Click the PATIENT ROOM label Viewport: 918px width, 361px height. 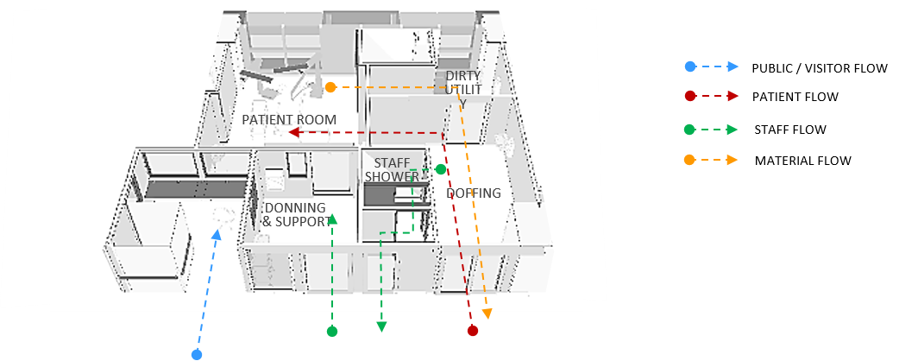pyautogui.click(x=289, y=119)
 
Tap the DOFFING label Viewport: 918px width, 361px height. pyautogui.click(x=474, y=193)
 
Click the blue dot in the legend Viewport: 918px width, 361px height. pyautogui.click(x=689, y=66)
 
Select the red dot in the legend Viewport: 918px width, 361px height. pyautogui.click(x=689, y=96)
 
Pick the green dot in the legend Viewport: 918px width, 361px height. pyautogui.click(x=689, y=130)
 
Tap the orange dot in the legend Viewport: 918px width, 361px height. pyautogui.click(x=689, y=160)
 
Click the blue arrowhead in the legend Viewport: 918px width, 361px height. pyautogui.click(x=733, y=66)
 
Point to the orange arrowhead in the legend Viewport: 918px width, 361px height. pyautogui.click(x=733, y=160)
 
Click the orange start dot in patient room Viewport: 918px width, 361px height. pyautogui.click(x=330, y=87)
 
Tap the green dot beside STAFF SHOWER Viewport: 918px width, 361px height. pyautogui.click(x=440, y=169)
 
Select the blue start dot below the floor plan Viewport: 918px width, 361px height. pyautogui.click(x=197, y=354)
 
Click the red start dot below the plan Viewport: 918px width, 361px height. pyautogui.click(x=472, y=331)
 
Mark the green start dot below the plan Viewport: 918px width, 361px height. pyautogui.click(x=332, y=331)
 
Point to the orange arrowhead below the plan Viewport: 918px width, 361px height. pyautogui.click(x=487, y=314)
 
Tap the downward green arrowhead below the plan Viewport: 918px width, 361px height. pyautogui.click(x=381, y=326)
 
